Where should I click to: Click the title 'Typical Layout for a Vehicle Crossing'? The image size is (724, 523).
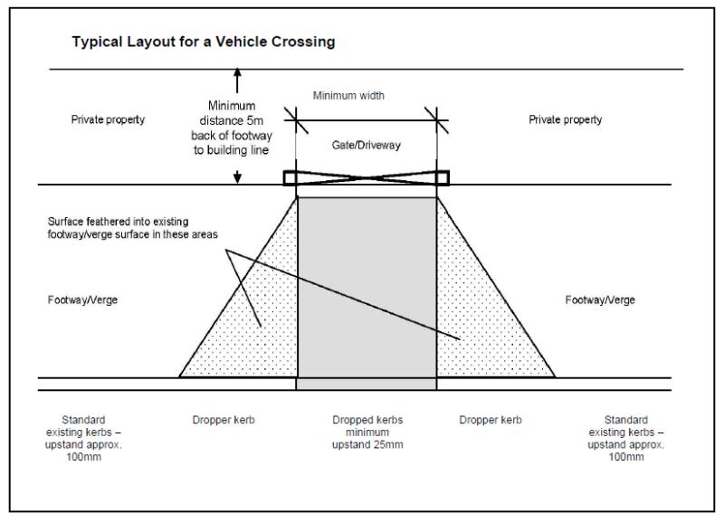click(204, 42)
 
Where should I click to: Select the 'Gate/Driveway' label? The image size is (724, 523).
click(366, 145)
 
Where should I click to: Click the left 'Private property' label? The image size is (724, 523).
click(108, 119)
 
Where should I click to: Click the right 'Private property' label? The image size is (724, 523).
click(566, 119)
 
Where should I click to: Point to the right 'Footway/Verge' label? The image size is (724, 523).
click(600, 300)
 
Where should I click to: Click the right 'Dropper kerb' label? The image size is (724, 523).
click(490, 421)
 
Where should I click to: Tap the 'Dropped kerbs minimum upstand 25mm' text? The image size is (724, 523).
click(367, 433)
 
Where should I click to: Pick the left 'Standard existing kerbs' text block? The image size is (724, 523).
click(83, 438)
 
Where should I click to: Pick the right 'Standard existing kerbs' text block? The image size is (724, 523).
click(625, 438)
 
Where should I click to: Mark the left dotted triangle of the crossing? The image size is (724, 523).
click(253, 326)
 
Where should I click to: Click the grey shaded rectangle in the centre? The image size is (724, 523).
click(367, 290)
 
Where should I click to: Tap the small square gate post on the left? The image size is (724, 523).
click(291, 177)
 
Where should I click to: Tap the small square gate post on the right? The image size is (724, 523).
click(442, 177)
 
